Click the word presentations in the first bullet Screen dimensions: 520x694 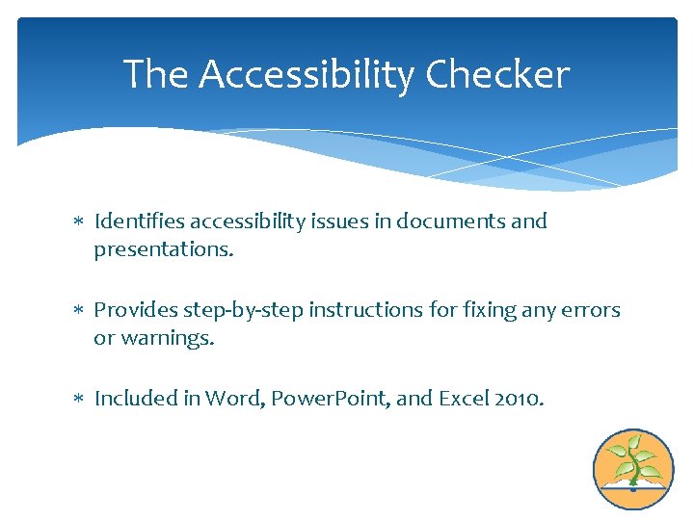coord(161,249)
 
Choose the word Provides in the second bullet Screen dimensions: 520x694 coord(133,310)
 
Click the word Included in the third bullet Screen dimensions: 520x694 coord(134,399)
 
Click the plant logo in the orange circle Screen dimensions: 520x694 coord(633,469)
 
